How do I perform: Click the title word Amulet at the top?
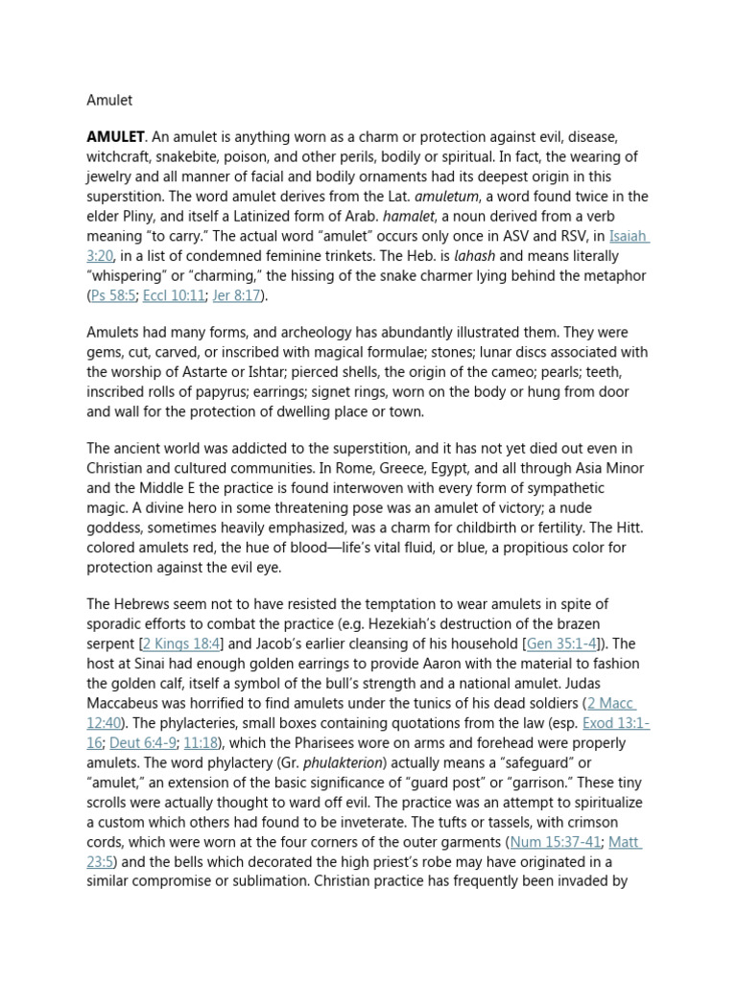point(109,100)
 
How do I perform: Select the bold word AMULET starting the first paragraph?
point(115,137)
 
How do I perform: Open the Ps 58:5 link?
point(113,295)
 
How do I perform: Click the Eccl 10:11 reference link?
point(174,295)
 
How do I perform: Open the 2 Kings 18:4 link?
point(182,643)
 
